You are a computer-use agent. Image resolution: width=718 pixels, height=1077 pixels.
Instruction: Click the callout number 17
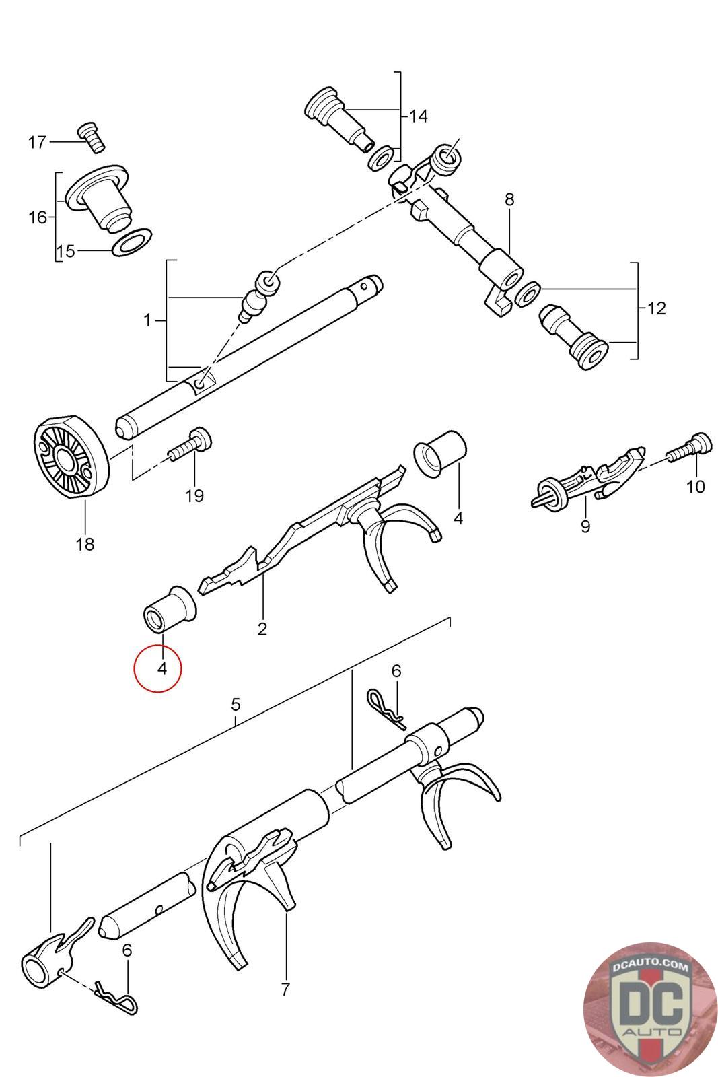click(x=37, y=143)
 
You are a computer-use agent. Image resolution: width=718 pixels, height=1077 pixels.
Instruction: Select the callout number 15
click(x=65, y=252)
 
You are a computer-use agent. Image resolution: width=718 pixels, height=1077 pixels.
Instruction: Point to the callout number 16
click(x=38, y=217)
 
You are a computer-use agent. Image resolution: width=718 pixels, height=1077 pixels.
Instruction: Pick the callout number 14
click(x=418, y=116)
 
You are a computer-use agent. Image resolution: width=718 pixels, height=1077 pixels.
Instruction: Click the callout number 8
click(x=509, y=199)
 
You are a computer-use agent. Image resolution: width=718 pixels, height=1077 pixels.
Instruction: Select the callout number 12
click(x=656, y=308)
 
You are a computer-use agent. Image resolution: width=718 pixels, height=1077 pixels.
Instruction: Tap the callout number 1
click(x=147, y=320)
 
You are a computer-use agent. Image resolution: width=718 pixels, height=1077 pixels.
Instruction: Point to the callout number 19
click(x=194, y=496)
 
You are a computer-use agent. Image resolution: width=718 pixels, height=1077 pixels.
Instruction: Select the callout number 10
click(x=695, y=486)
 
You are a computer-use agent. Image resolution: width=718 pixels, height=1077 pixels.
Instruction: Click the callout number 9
click(x=585, y=526)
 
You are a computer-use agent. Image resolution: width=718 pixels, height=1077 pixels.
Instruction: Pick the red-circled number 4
click(x=161, y=668)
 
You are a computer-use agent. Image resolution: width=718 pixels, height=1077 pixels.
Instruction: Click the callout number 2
click(x=262, y=629)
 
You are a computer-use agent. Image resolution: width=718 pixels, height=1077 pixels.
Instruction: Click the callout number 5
click(x=236, y=705)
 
